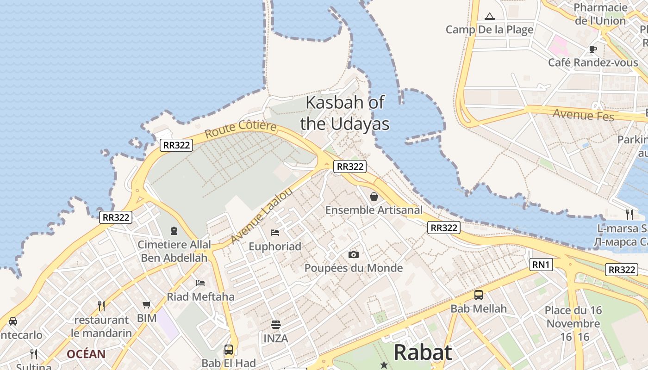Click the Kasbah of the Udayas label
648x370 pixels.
pyautogui.click(x=344, y=113)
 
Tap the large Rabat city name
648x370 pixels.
pyautogui.click(x=422, y=352)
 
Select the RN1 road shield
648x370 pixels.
pyautogui.click(x=541, y=265)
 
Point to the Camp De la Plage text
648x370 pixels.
pyautogui.click(x=489, y=30)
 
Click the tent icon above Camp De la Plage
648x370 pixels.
pyautogui.click(x=489, y=17)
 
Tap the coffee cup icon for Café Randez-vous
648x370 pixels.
pyautogui.click(x=592, y=49)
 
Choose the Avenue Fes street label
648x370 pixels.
pyautogui.click(x=583, y=114)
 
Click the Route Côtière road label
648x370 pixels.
pyautogui.click(x=241, y=129)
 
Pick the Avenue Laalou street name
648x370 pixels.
pyautogui.click(x=261, y=215)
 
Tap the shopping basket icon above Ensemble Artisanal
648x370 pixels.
pyautogui.click(x=374, y=197)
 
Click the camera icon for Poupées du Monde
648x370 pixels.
pyautogui.click(x=353, y=254)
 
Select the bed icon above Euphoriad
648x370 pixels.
pyautogui.click(x=275, y=232)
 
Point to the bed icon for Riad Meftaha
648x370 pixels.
pyautogui.click(x=200, y=283)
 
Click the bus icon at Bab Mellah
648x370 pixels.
pyautogui.click(x=478, y=295)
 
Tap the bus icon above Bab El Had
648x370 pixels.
pyautogui.click(x=229, y=349)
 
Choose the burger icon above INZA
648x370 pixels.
pyautogui.click(x=276, y=325)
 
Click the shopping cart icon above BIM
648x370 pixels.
pyautogui.click(x=147, y=304)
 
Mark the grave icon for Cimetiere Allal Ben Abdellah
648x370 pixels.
pyautogui.click(x=174, y=230)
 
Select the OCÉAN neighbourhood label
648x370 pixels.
pyautogui.click(x=86, y=354)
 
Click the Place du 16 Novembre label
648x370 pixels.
pyautogui.click(x=573, y=317)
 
